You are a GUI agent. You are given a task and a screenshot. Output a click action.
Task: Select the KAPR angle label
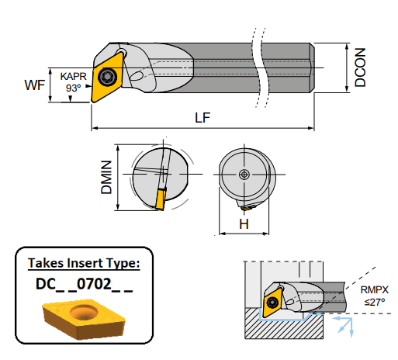coord(73,77)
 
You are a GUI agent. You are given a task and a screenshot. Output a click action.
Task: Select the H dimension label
coord(243,224)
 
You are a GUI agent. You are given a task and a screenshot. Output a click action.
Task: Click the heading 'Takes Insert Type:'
coord(84,264)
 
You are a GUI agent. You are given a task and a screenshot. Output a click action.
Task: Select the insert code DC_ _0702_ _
coord(84,284)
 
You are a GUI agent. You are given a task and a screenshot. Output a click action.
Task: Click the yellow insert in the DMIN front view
coord(160,198)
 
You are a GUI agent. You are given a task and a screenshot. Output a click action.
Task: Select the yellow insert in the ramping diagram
coord(273,303)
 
